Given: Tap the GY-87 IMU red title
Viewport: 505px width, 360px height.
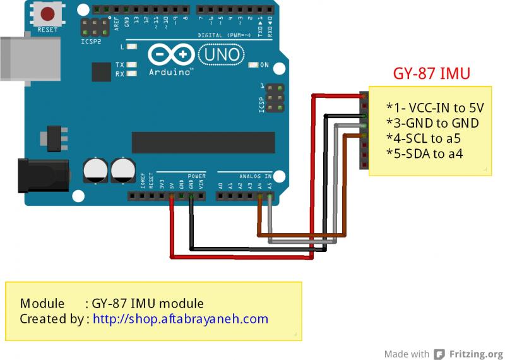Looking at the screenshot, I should pos(432,74).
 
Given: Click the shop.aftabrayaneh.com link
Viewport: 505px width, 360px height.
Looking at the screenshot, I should pos(181,319).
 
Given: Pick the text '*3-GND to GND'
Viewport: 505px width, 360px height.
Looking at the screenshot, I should pos(432,123).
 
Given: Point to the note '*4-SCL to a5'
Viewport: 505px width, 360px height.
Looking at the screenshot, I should pos(423,138).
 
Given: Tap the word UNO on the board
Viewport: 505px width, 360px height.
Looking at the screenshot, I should pos(221,55).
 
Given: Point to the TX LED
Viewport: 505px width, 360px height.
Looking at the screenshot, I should pos(131,65).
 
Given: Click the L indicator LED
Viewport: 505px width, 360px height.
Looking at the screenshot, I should pos(131,47).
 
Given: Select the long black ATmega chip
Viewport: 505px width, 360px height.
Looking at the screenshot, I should pos(203,143).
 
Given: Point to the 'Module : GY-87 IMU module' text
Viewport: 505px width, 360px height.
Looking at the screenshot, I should pos(112,303).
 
